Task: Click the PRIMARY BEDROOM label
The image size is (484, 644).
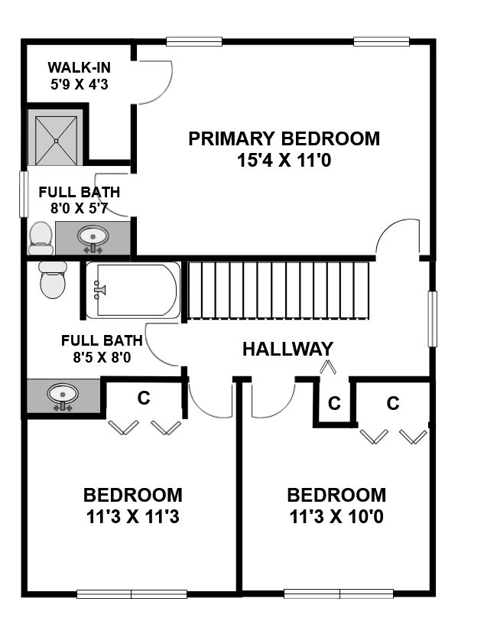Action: pyautogui.click(x=284, y=139)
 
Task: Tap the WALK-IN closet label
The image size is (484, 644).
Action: pyautogui.click(x=80, y=67)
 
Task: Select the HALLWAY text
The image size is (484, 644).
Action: pyautogui.click(x=287, y=349)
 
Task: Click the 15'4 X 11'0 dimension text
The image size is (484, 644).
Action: pyautogui.click(x=284, y=160)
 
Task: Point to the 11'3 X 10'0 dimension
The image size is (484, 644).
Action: pyautogui.click(x=336, y=516)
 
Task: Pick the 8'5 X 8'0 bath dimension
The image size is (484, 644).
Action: pyautogui.click(x=102, y=357)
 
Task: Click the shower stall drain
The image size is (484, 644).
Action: pyautogui.click(x=57, y=141)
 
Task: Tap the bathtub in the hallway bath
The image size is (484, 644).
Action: pyautogui.click(x=133, y=291)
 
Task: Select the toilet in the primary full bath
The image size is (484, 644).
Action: pyautogui.click(x=41, y=238)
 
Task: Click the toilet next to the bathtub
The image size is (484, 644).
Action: pyautogui.click(x=53, y=280)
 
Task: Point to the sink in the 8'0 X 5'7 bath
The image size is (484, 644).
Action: pyautogui.click(x=93, y=238)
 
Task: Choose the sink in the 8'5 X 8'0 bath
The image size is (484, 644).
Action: pyautogui.click(x=63, y=397)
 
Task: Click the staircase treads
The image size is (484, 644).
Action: pyautogui.click(x=278, y=291)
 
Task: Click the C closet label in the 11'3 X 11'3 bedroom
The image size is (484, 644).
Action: pyautogui.click(x=144, y=398)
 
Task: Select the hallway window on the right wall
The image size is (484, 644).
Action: pyautogui.click(x=432, y=319)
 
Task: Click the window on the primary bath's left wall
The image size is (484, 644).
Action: pyautogui.click(x=24, y=194)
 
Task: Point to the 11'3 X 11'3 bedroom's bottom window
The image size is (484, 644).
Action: pyautogui.click(x=132, y=594)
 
